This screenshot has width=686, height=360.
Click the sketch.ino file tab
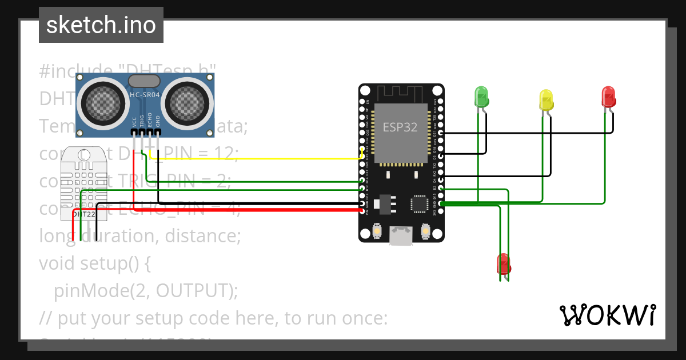pyautogui.click(x=101, y=25)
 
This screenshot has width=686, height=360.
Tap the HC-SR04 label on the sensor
pyautogui.click(x=145, y=95)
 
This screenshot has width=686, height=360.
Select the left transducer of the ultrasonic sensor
pyautogui.click(x=103, y=103)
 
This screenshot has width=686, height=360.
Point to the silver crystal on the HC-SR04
pyautogui.click(x=145, y=81)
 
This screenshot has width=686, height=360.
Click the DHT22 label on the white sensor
pyautogui.click(x=83, y=214)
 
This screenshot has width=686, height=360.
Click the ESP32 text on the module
pyautogui.click(x=400, y=127)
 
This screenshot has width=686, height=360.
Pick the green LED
pyautogui.click(x=481, y=97)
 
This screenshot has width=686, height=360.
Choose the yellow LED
pyautogui.click(x=546, y=100)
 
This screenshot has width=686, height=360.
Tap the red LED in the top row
pyautogui.click(x=609, y=97)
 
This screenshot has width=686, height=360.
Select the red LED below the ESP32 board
pyautogui.click(x=503, y=263)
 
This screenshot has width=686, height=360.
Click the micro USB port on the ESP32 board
pyautogui.click(x=400, y=235)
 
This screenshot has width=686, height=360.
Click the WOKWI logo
pyautogui.click(x=607, y=315)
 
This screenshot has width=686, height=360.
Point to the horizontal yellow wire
pyautogui.click(x=257, y=158)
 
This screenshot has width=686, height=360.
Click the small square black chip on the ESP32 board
pyautogui.click(x=420, y=204)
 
